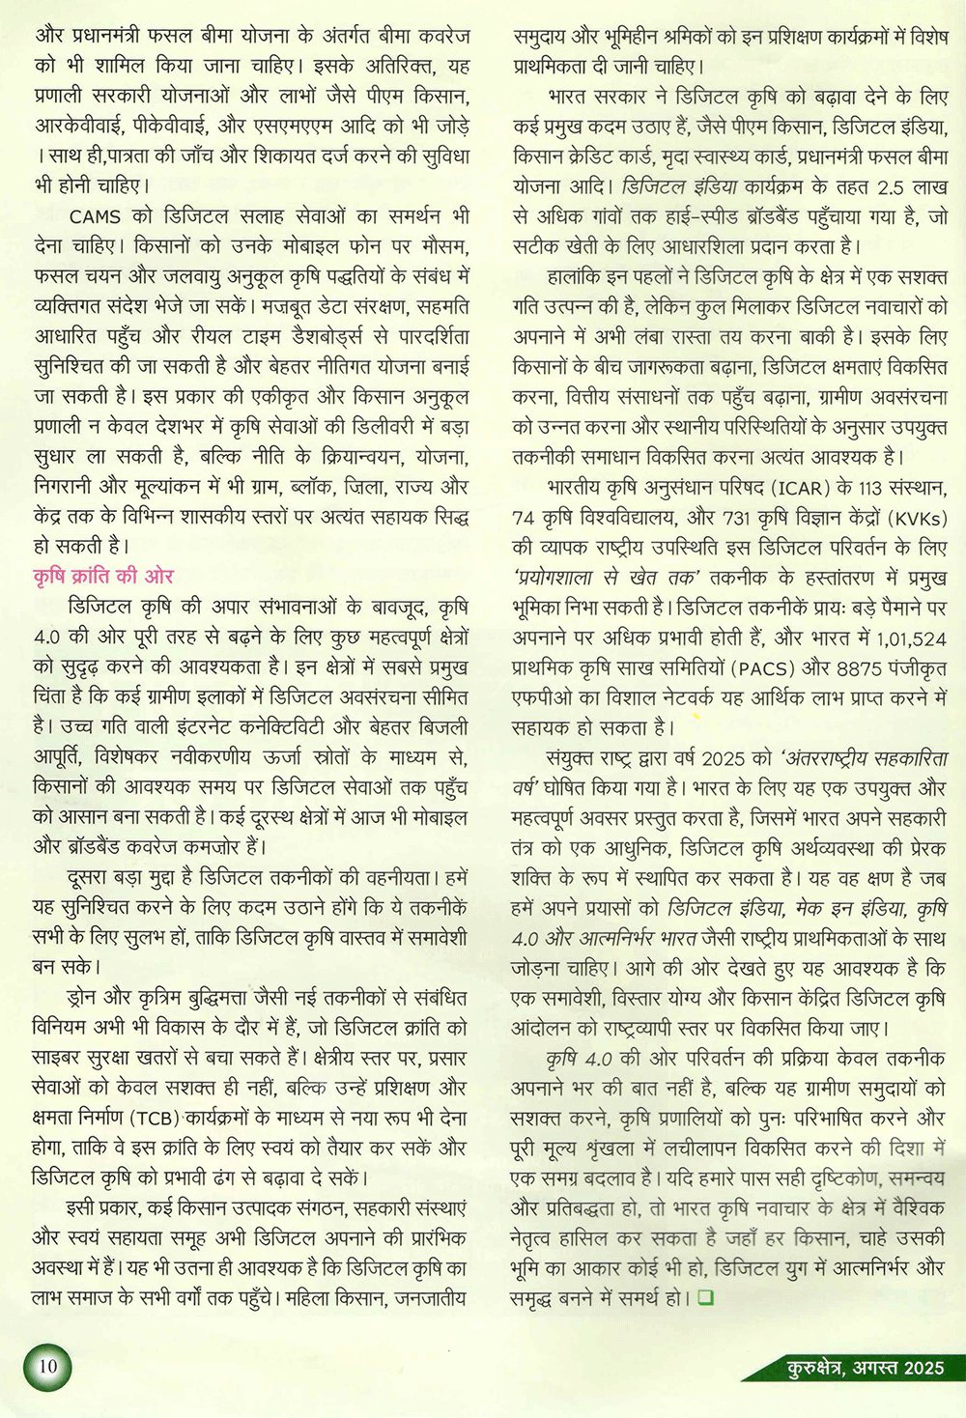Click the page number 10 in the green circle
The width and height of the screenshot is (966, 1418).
coord(48,1366)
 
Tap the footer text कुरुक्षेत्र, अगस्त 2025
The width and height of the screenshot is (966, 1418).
coord(865,1367)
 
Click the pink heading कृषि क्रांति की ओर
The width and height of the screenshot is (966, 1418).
coord(103,577)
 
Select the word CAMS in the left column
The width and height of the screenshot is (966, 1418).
coord(95,216)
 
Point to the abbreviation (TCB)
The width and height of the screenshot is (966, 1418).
coord(154,1119)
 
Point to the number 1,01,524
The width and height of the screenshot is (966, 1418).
coord(911,638)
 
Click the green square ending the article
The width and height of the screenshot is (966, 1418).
coord(705,1297)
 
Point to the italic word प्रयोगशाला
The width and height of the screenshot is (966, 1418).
coord(557,578)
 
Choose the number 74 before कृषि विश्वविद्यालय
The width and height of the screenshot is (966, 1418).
coord(524,518)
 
